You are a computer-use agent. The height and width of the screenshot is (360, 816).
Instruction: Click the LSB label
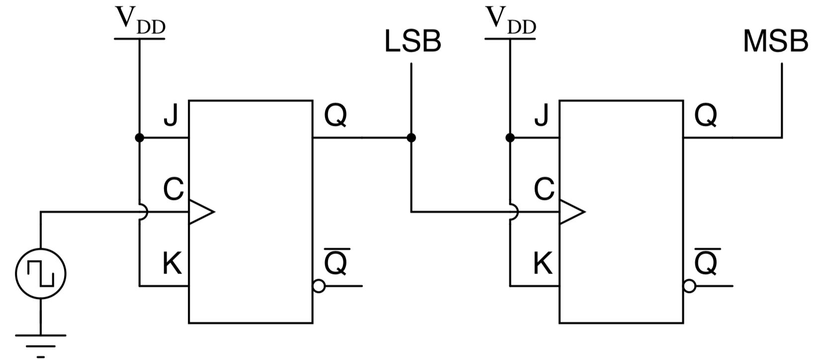(412, 42)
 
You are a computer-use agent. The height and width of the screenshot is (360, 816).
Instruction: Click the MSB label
(775, 42)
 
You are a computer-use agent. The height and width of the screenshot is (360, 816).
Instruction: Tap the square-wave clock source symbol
(41, 273)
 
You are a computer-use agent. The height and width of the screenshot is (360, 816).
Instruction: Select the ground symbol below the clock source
(41, 343)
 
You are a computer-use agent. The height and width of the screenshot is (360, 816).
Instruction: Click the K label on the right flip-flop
(543, 264)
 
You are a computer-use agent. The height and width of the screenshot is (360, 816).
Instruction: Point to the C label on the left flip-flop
(173, 189)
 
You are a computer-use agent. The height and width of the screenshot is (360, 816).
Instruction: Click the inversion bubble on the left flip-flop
(319, 286)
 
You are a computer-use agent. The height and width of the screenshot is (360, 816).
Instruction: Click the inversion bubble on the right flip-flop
(689, 286)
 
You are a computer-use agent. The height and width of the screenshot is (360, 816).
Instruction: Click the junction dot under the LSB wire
(411, 138)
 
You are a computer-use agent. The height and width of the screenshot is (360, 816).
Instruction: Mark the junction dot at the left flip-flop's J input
(140, 138)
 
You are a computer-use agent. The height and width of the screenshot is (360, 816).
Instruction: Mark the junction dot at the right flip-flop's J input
(510, 138)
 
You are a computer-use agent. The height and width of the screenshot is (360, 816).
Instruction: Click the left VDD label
(140, 20)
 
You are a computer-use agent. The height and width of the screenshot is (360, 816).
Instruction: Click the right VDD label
(510, 20)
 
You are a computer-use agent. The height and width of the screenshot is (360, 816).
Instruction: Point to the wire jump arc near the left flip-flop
(144, 212)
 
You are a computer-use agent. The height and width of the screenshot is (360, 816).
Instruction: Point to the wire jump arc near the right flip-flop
(514, 212)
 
